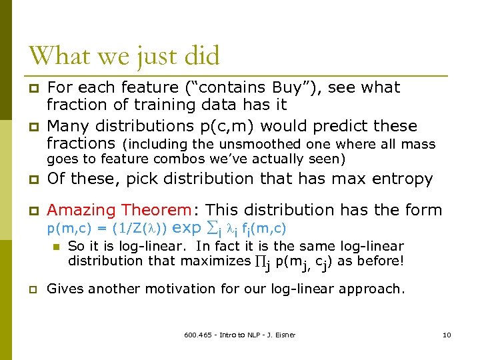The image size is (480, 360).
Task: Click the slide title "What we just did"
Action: coord(124,56)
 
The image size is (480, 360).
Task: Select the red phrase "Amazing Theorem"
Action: coord(119,211)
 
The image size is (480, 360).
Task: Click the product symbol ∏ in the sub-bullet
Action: coord(260,261)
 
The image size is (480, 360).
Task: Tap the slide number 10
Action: coord(447,335)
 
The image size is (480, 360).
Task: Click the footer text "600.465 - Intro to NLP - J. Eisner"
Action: coord(239,335)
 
